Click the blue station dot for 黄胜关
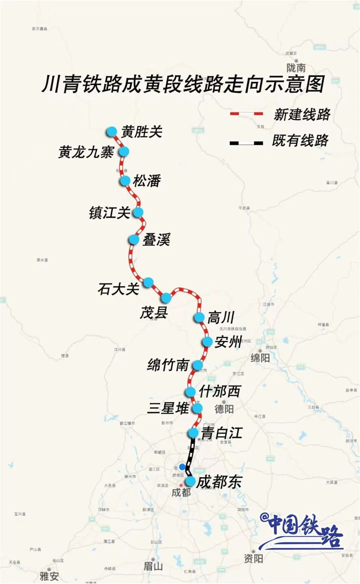coord(112,132)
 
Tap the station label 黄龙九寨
coord(86,152)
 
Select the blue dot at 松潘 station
coord(125,181)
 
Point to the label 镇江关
coord(109,212)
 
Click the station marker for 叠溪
coord(134,239)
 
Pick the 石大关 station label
coord(118,289)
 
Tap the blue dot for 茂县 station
coord(166,297)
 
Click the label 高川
coord(221,317)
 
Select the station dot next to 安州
coord(207,342)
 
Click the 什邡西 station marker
coord(190,392)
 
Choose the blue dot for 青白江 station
coord(193,433)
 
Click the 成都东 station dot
coord(190,481)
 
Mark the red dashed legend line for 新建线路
coord(246,114)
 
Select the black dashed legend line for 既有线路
coord(246,143)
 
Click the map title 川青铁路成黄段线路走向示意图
coord(183,84)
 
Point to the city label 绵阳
coord(260,358)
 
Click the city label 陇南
coord(296,68)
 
